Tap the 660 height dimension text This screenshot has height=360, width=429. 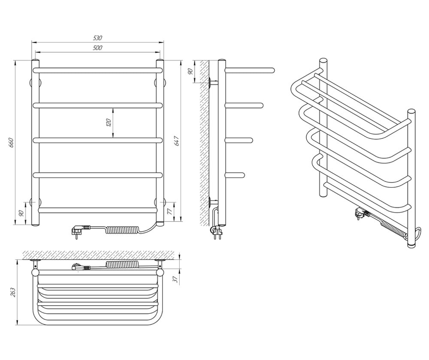[x=12, y=143]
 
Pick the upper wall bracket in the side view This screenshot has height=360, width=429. [x=212, y=83]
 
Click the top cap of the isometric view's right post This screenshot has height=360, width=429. [x=411, y=111]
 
